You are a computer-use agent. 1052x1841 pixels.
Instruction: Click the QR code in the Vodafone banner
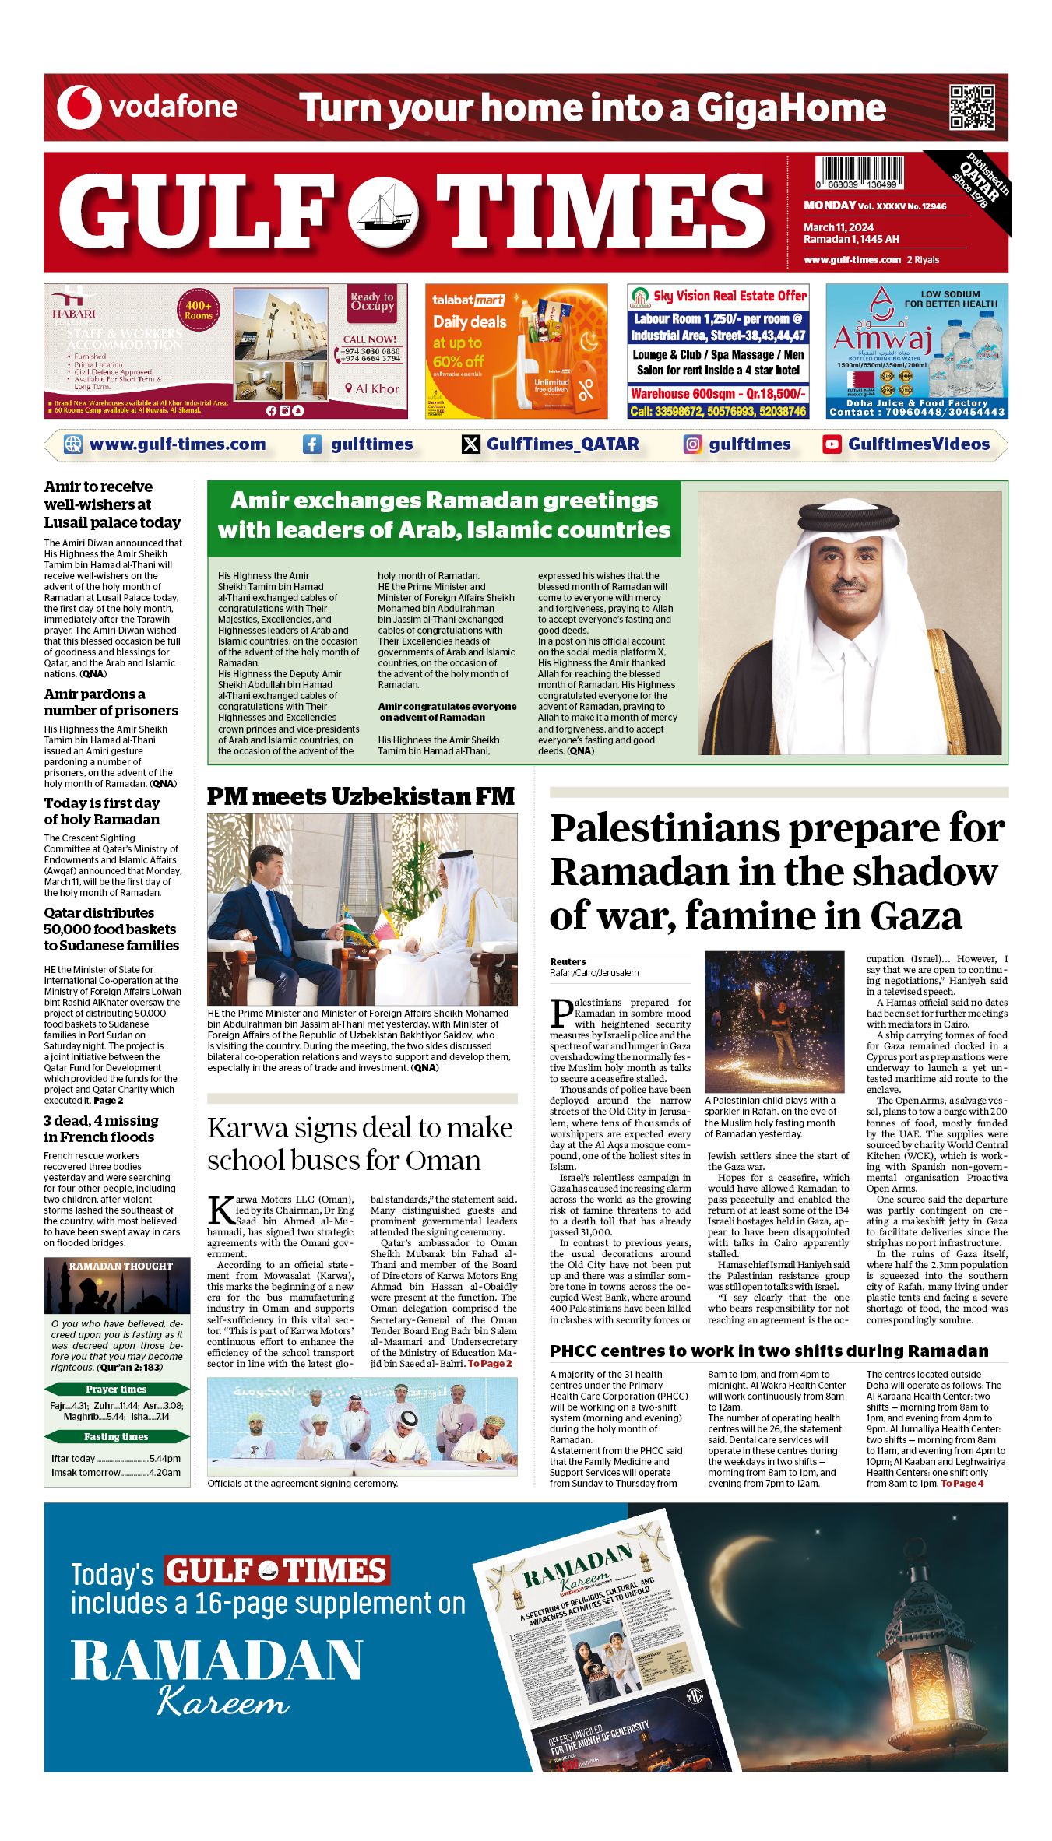pyautogui.click(x=972, y=107)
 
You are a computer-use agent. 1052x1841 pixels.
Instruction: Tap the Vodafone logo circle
pyautogui.click(x=79, y=107)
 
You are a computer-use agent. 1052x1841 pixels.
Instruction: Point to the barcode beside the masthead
pyautogui.click(x=859, y=173)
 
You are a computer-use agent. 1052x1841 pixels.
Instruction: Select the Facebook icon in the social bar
pyautogui.click(x=311, y=444)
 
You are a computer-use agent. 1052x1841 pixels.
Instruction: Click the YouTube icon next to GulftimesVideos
pyautogui.click(x=832, y=444)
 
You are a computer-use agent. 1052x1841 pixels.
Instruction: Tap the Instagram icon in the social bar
pyautogui.click(x=692, y=444)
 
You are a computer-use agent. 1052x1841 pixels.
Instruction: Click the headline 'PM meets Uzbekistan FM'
pyautogui.click(x=361, y=796)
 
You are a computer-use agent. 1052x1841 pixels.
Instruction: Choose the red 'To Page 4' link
pyautogui.click(x=962, y=1484)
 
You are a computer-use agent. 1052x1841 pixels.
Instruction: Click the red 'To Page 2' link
pyautogui.click(x=489, y=1363)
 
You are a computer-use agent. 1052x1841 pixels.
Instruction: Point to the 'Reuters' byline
pyautogui.click(x=568, y=962)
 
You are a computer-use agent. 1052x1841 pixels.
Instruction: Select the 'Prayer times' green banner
pyautogui.click(x=117, y=1389)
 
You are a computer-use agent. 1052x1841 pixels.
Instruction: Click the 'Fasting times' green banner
pyautogui.click(x=117, y=1436)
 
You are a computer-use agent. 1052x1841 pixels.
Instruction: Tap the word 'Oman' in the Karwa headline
pyautogui.click(x=445, y=1161)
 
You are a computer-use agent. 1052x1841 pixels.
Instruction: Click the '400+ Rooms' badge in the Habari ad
pyautogui.click(x=198, y=311)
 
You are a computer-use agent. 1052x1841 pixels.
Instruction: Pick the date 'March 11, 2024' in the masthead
pyautogui.click(x=839, y=227)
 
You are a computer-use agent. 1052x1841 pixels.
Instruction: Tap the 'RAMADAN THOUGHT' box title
pyautogui.click(x=120, y=1267)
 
